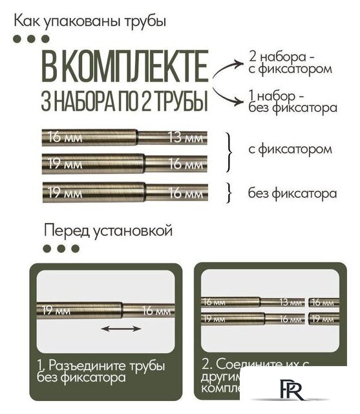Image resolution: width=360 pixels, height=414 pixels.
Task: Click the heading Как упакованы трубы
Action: (x=90, y=21)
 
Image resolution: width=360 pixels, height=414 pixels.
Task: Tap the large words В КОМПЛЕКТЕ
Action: (x=125, y=67)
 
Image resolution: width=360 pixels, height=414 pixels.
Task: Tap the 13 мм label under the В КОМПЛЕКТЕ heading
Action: (x=185, y=137)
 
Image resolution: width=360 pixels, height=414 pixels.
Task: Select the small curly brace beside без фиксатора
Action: (x=229, y=192)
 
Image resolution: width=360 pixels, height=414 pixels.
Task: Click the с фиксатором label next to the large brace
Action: (x=290, y=149)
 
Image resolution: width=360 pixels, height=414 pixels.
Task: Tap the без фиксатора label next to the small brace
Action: (x=292, y=193)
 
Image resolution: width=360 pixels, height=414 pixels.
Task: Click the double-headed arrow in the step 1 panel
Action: (x=121, y=329)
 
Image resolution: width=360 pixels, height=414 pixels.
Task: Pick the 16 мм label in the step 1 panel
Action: (x=157, y=310)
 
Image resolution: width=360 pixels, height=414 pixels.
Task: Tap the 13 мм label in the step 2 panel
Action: (x=291, y=302)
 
